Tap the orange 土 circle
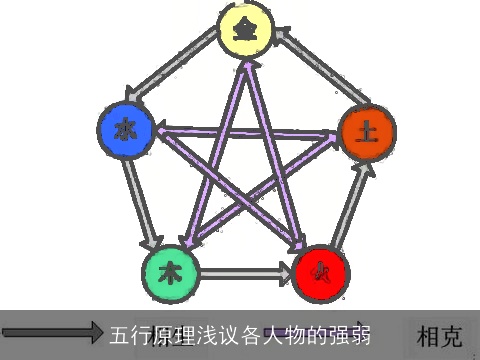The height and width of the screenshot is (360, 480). pos(367,130)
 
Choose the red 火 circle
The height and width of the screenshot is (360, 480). pos(321,270)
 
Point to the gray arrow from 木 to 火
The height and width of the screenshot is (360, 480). pos(246,271)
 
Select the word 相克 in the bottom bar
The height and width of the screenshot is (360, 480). pos(441,334)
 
